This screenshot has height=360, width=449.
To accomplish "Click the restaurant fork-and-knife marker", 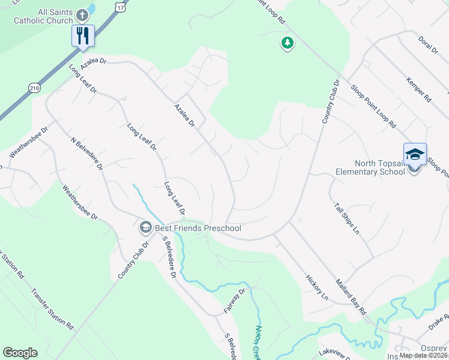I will click(x=82, y=35).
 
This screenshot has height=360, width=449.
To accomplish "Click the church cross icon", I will click(x=82, y=14).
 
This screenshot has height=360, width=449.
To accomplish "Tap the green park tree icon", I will click(x=288, y=43).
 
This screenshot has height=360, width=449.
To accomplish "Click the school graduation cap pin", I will click(x=415, y=154).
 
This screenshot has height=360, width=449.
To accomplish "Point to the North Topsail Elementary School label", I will click(x=371, y=167).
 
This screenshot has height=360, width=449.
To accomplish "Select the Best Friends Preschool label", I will click(x=197, y=228).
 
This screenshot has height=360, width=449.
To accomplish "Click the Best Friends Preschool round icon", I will click(x=145, y=228).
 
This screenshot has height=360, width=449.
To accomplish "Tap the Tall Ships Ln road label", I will click(x=348, y=219).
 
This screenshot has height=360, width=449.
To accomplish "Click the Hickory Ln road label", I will click(x=317, y=287).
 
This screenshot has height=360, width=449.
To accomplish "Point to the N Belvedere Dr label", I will click(x=87, y=154).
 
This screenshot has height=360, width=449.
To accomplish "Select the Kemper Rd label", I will click(x=418, y=89).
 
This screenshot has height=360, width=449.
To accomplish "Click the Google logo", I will click(x=20, y=353).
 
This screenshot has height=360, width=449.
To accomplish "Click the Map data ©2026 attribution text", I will click(x=423, y=355).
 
